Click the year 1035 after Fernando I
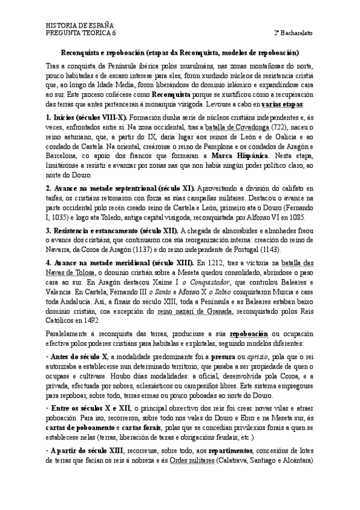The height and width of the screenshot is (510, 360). click(x=61, y=216)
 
